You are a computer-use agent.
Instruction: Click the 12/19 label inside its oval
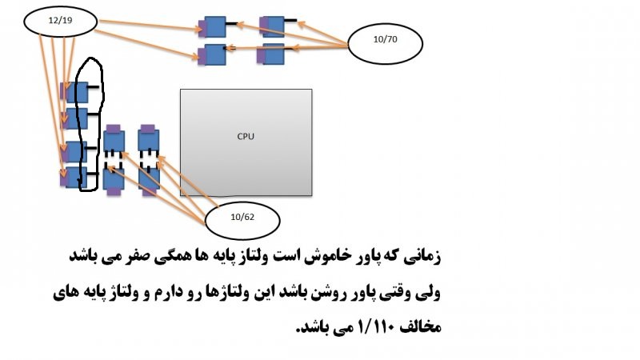coord(60,21)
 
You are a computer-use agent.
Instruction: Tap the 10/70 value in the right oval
coord(385,39)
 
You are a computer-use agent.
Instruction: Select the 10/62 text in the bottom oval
coord(242,217)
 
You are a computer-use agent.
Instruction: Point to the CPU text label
coord(246,136)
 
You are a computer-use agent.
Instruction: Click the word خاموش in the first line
coord(322,256)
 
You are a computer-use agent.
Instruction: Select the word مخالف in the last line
coord(422,327)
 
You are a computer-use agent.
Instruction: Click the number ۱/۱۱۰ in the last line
coord(376,326)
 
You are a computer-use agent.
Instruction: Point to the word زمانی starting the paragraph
coord(423,257)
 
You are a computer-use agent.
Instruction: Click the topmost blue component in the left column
coord(74,92)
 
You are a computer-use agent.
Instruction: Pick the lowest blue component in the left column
coord(74,178)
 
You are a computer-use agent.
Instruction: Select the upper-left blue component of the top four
coord(212,27)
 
